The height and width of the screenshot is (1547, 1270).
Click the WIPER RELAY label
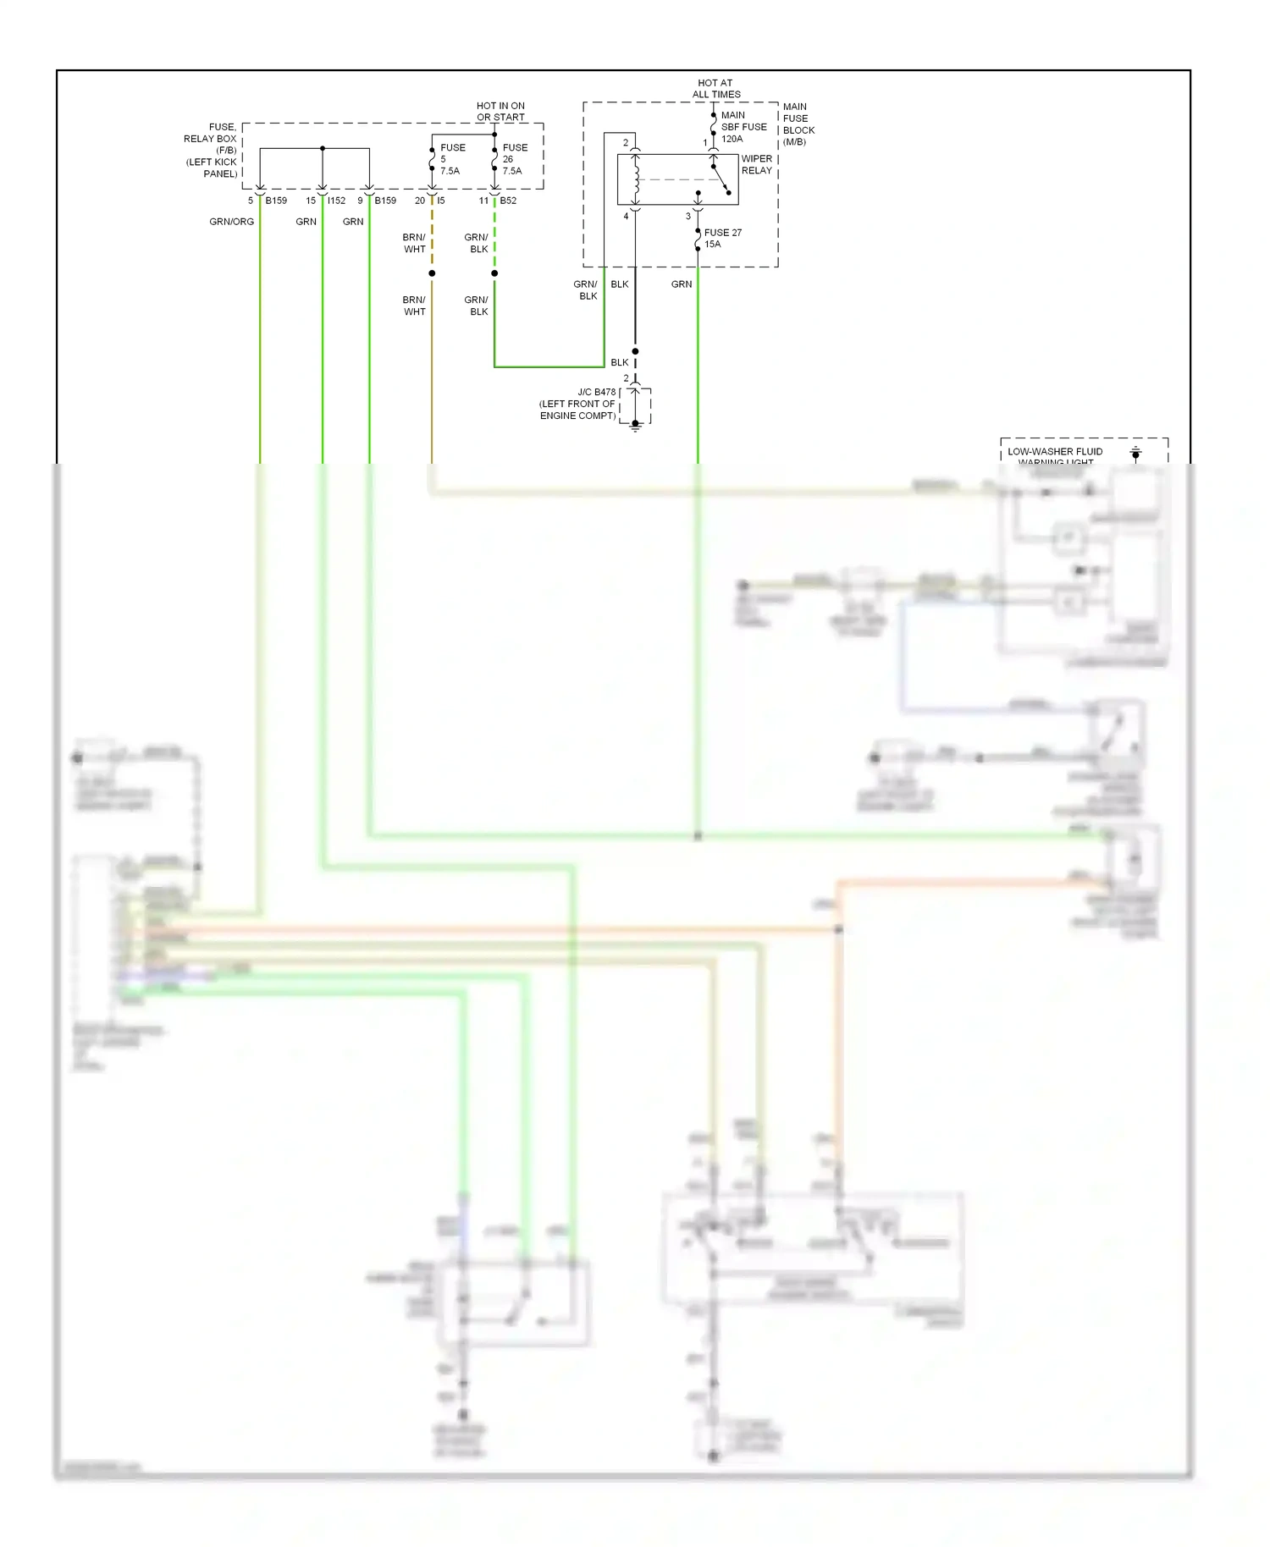click(x=756, y=164)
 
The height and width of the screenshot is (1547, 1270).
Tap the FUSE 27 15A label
click(x=722, y=238)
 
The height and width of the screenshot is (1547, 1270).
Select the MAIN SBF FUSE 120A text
click(x=743, y=127)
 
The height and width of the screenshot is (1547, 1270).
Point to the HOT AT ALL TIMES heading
click(x=715, y=89)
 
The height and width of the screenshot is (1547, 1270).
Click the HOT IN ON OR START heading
click(x=500, y=112)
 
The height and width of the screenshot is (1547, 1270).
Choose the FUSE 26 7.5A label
click(x=514, y=159)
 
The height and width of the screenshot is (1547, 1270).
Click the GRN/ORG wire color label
click(x=231, y=222)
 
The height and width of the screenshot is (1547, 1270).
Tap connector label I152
click(x=337, y=201)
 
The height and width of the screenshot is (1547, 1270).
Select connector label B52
click(x=508, y=201)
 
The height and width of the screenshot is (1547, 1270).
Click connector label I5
click(x=441, y=201)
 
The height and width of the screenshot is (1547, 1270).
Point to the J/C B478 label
click(x=596, y=393)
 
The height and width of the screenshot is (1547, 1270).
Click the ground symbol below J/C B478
click(x=635, y=428)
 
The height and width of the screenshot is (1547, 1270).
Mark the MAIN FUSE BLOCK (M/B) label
click(x=798, y=124)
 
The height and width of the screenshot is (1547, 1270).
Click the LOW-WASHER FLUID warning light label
click(x=1055, y=452)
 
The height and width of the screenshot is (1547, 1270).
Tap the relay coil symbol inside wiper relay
click(x=636, y=179)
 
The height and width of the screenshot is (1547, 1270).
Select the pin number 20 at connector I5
click(x=420, y=201)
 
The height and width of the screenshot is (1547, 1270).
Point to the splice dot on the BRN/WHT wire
click(x=432, y=273)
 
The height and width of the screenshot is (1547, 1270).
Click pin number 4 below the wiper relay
click(x=627, y=217)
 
